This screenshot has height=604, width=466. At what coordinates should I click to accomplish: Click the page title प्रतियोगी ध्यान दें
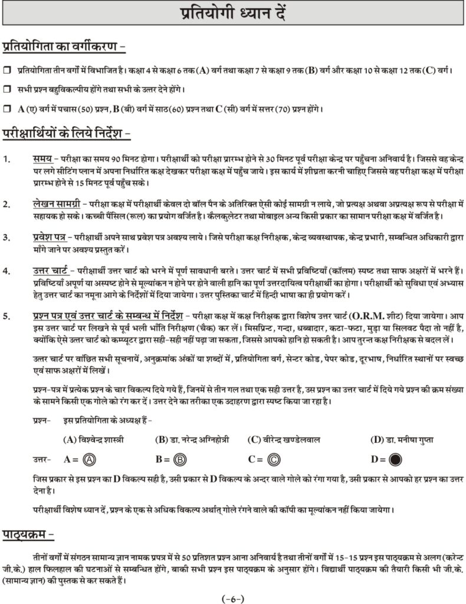tap(232, 14)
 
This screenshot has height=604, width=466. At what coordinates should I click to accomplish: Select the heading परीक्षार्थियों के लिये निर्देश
tap(66, 133)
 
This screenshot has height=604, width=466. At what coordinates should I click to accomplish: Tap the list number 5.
tap(6, 316)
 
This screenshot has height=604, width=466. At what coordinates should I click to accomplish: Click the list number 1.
tap(6, 159)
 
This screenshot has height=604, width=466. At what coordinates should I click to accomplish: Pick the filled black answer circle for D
tap(395, 459)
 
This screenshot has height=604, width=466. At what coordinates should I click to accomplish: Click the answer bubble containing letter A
tap(90, 459)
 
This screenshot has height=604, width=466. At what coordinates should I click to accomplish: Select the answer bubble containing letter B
tap(181, 459)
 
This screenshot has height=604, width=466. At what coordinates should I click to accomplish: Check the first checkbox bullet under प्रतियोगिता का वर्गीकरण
tap(7, 70)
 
